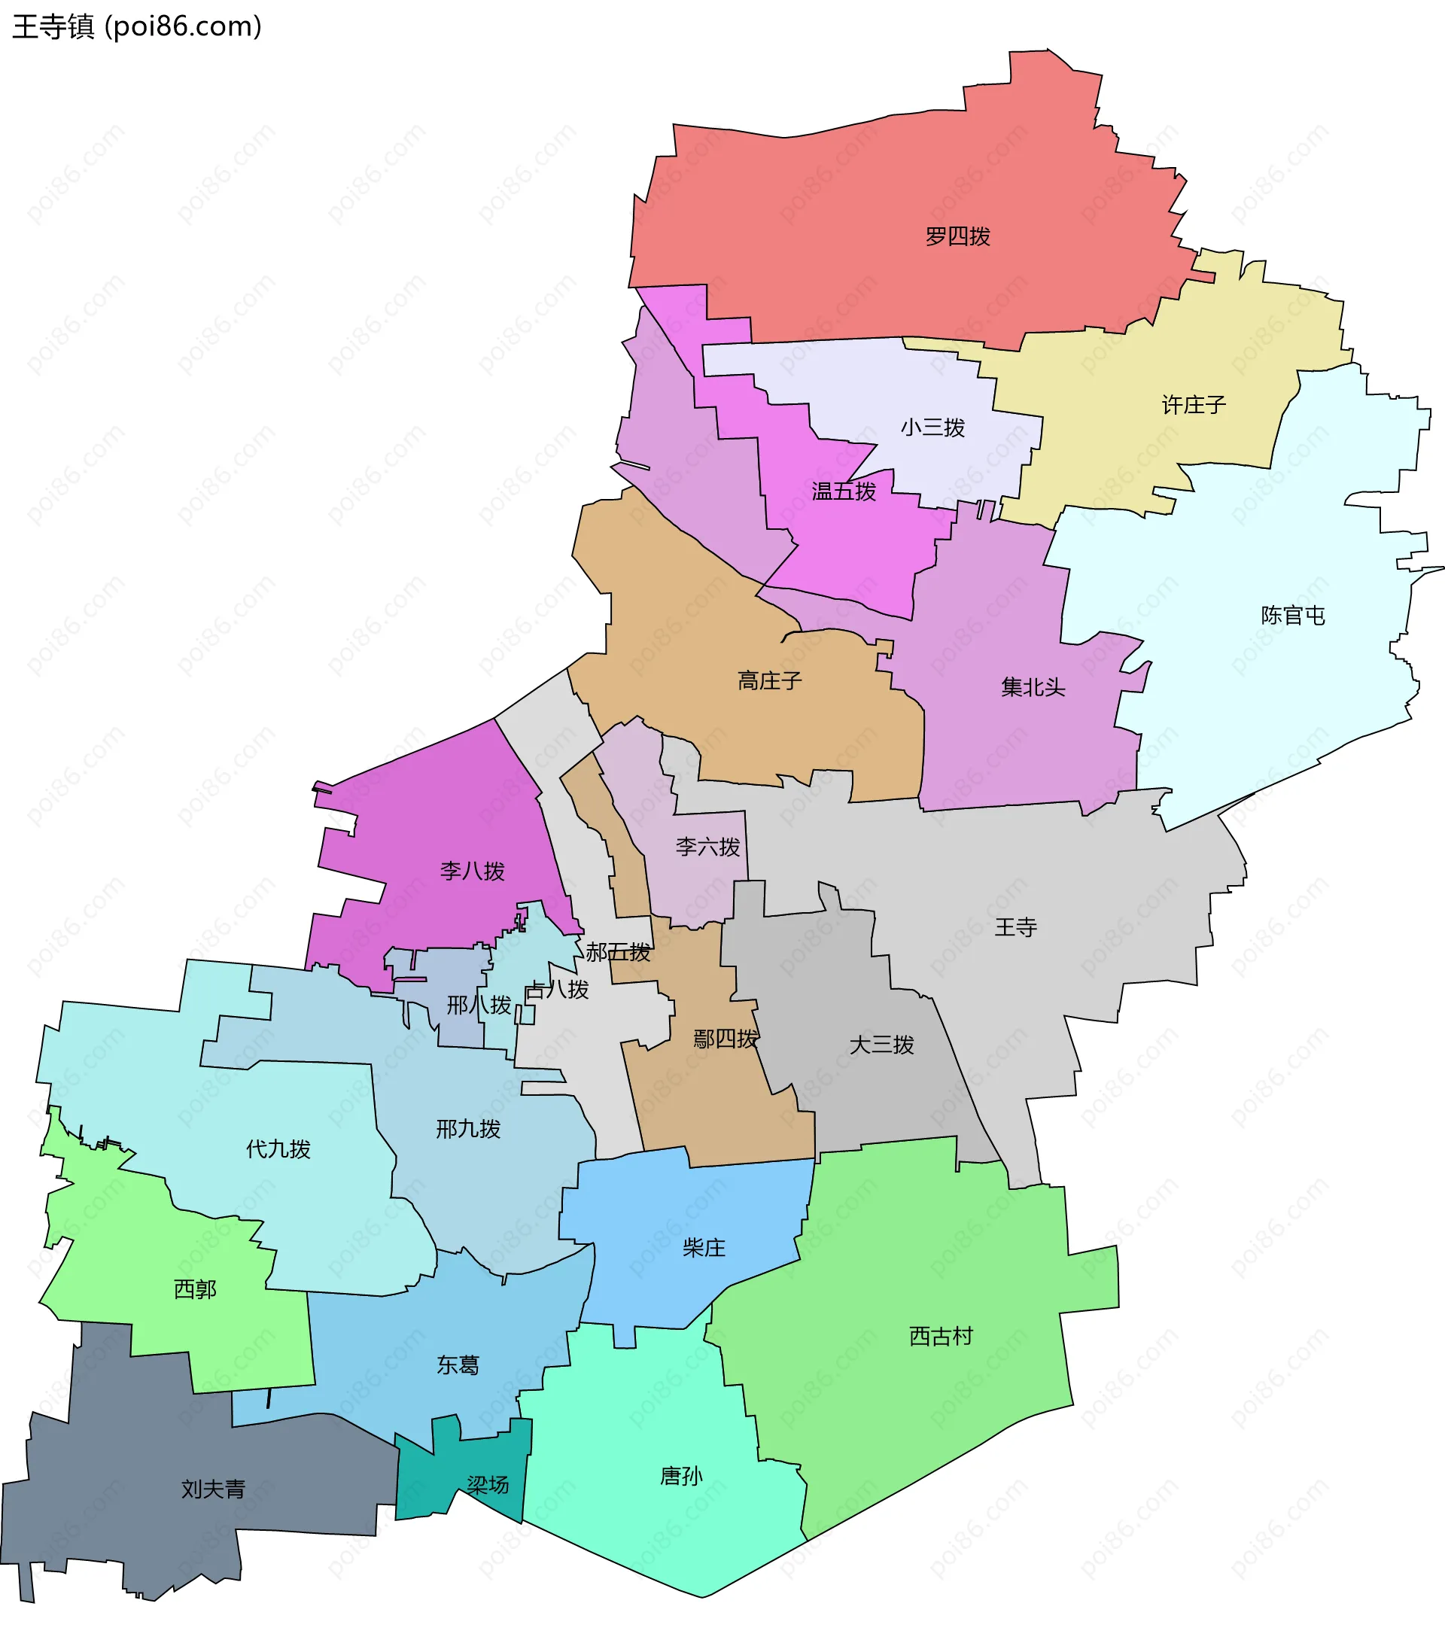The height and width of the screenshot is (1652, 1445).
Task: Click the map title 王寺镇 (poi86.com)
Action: (x=137, y=26)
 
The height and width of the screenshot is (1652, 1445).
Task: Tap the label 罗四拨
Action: (x=957, y=236)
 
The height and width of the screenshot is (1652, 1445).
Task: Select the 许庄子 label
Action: (x=1194, y=405)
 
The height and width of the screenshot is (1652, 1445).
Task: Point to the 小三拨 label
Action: (x=932, y=427)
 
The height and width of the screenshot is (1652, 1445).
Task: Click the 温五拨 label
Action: (x=844, y=491)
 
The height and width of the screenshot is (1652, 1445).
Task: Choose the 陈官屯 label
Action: (x=1293, y=615)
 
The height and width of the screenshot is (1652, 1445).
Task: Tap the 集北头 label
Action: (x=1033, y=687)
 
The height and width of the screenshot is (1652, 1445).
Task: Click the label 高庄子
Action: (x=769, y=680)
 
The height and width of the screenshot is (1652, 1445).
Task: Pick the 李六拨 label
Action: (x=707, y=847)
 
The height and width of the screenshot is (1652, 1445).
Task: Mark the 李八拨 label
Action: (x=472, y=871)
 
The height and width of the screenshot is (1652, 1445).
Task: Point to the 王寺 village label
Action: (x=1015, y=927)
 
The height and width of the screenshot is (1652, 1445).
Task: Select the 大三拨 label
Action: (x=881, y=1045)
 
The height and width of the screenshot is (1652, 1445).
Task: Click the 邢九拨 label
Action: (x=467, y=1129)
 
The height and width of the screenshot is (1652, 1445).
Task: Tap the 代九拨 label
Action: (x=278, y=1149)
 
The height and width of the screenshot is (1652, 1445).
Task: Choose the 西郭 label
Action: (x=195, y=1289)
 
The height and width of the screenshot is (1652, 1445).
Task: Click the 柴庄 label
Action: (x=704, y=1248)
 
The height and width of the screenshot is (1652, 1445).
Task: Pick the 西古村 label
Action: (x=940, y=1336)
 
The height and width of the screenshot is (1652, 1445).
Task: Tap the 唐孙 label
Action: (x=681, y=1475)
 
